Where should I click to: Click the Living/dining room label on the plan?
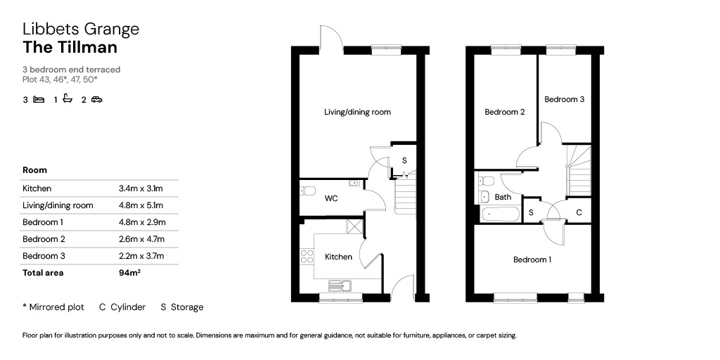357,112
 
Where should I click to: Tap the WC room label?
331,199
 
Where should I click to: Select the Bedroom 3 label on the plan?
565,99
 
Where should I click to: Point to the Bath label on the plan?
503,198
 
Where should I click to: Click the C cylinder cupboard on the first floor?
579,211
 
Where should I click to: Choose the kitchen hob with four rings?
307,257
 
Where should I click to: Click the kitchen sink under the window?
340,285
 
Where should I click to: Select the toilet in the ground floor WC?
307,191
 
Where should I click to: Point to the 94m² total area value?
129,273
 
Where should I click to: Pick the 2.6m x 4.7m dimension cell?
141,239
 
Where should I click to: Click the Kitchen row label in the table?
37,188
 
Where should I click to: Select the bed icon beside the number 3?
39,99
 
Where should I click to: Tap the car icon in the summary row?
96,99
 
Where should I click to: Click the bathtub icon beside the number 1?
67,98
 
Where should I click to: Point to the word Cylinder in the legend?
128,307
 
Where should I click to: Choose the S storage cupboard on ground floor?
404,161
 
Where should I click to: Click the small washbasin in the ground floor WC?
354,184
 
